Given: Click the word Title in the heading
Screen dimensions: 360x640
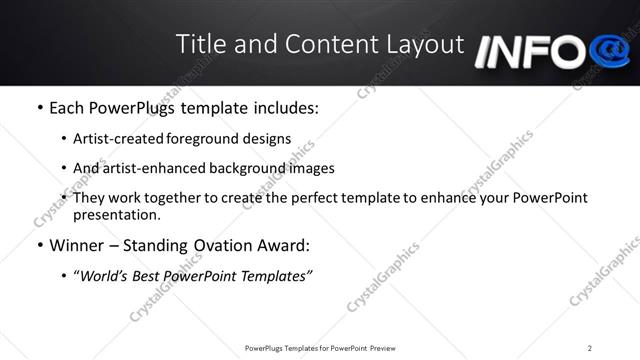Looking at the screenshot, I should tap(199, 44).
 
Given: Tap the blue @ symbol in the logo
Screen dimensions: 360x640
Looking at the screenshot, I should tap(609, 50).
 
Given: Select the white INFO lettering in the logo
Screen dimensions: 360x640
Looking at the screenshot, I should tap(530, 53).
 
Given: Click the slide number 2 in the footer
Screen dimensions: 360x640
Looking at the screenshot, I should tap(590, 348).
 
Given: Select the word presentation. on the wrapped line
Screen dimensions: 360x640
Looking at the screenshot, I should tap(116, 215).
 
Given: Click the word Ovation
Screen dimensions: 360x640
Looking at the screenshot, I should tap(221, 245).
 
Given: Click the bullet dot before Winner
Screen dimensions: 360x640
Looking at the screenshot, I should tap(38, 246).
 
